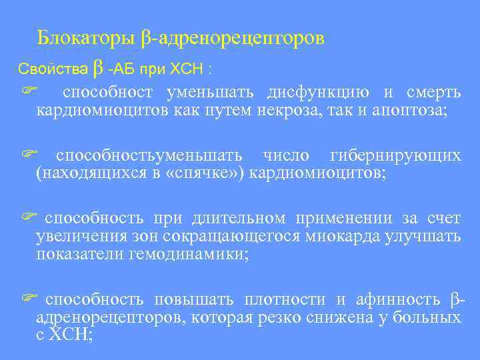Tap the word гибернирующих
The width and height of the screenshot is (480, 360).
[395, 156]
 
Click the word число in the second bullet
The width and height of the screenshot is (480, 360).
[287, 156]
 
